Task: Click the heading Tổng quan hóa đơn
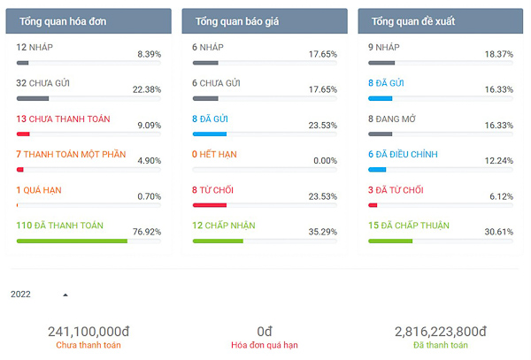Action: click(x=63, y=20)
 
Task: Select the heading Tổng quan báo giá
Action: click(x=237, y=20)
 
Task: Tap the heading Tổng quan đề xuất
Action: click(x=413, y=20)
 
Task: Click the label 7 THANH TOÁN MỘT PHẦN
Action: click(x=71, y=154)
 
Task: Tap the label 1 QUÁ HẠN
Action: click(x=39, y=190)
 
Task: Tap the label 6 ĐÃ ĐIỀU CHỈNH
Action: click(x=403, y=154)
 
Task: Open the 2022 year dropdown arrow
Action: click(x=65, y=295)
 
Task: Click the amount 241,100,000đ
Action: click(x=88, y=331)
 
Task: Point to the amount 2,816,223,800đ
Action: click(x=441, y=331)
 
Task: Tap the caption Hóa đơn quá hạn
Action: click(x=265, y=345)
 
